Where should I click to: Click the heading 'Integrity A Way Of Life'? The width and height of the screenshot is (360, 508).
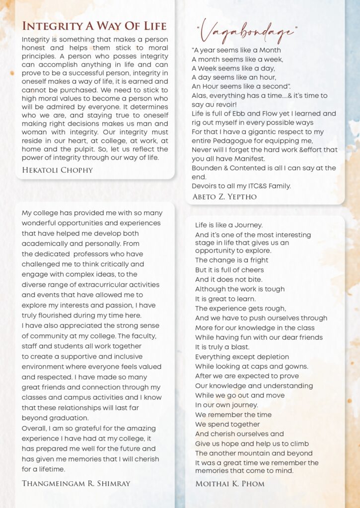coord(94,26)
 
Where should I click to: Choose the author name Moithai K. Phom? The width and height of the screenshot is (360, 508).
coord(230,483)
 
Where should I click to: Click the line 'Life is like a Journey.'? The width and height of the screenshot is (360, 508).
coord(229,225)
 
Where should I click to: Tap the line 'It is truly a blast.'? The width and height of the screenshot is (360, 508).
coord(222,347)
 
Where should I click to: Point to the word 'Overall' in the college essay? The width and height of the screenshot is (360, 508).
coord(35,428)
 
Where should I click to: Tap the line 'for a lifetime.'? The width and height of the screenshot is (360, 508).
coord(44,469)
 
